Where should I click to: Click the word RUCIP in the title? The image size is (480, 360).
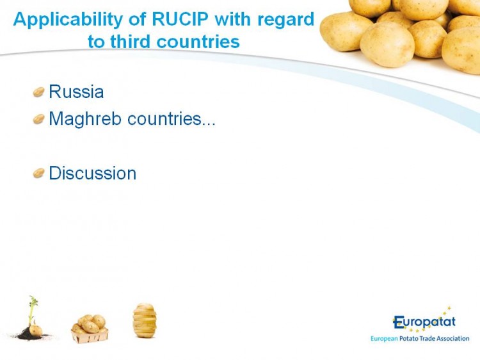point(180,19)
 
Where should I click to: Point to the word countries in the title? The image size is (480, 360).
point(198,42)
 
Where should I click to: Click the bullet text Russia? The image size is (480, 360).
point(76,92)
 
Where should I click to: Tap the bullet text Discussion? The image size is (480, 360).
point(92,173)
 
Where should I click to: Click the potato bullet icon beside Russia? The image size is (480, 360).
point(38,92)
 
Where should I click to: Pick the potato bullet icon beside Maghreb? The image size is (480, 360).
point(38,119)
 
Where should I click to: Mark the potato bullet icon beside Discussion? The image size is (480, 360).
point(38,173)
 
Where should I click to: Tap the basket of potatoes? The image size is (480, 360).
point(90,329)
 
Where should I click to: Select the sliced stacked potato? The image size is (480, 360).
point(145,320)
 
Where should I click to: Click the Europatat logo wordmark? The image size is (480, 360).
point(424,322)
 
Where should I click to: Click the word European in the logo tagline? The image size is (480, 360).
point(384,339)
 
